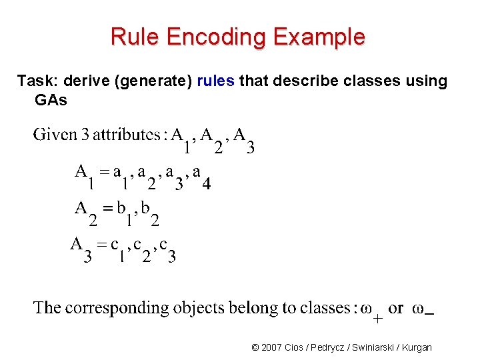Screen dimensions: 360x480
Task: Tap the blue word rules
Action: coord(215,81)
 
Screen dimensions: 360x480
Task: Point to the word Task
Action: coord(36,81)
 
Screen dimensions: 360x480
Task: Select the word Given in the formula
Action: coord(55,135)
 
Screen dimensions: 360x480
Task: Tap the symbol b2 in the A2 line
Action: coord(149,212)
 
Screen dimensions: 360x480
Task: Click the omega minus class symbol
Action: coord(424,309)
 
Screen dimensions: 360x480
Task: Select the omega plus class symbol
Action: coord(371,311)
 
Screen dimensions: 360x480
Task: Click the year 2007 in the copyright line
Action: coord(273,347)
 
